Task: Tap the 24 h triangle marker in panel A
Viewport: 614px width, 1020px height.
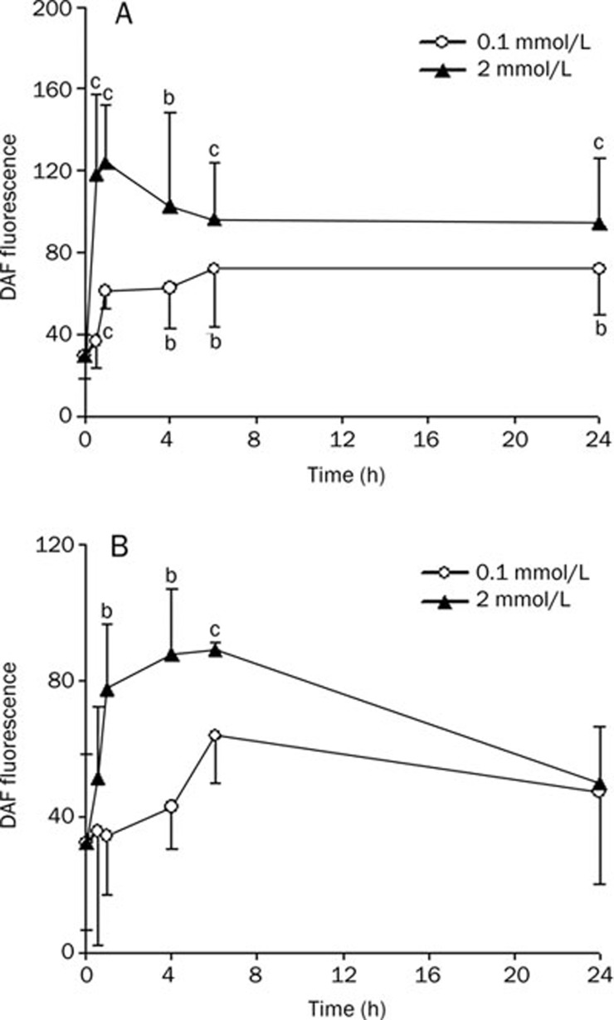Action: [599, 223]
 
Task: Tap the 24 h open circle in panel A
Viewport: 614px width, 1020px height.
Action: [599, 269]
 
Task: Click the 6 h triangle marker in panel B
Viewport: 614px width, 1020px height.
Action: [215, 650]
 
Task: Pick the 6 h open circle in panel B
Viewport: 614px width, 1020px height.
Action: [215, 736]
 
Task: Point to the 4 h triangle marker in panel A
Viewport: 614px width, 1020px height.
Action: [171, 206]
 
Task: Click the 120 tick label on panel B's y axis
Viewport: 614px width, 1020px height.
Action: [56, 545]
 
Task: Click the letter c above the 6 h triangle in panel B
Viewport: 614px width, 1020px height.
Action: [215, 627]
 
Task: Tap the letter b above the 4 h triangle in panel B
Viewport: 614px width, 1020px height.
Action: [172, 574]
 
